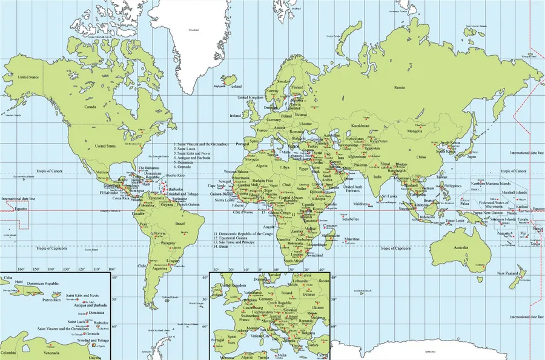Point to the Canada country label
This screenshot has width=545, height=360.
(x=90, y=107)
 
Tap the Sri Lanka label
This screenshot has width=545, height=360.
(x=389, y=196)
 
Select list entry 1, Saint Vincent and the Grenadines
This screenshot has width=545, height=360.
(x=201, y=144)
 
